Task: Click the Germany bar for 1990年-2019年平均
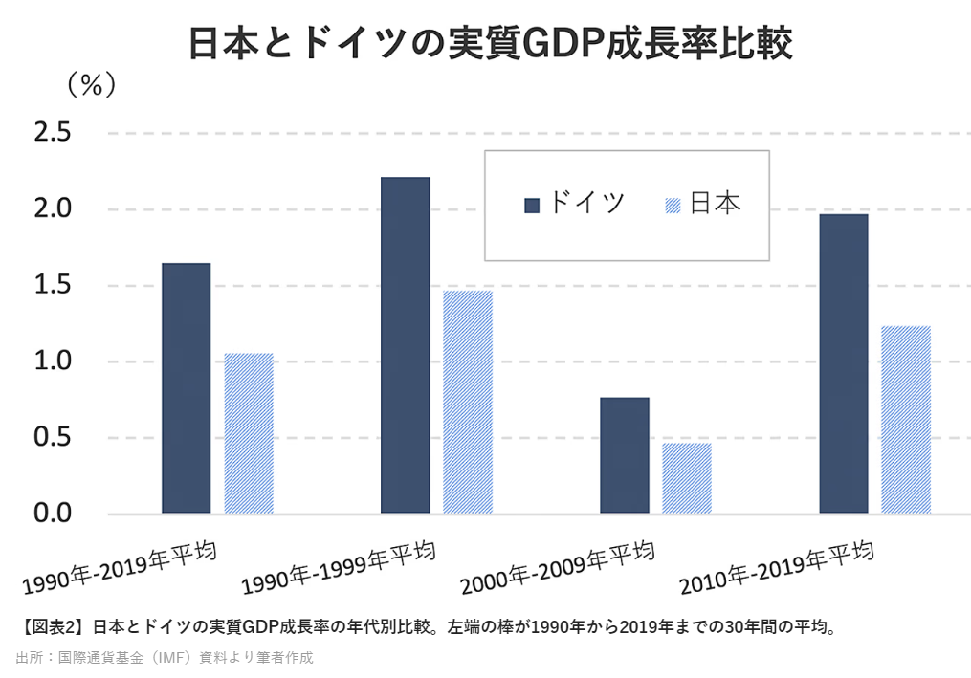click(186, 387)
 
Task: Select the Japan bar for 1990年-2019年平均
click(249, 433)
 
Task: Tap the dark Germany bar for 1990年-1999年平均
click(405, 345)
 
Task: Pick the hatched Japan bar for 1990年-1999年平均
click(468, 402)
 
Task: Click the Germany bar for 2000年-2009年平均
click(624, 455)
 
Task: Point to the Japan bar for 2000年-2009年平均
click(687, 478)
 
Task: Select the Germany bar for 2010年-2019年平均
click(844, 363)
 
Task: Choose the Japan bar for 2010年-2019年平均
click(906, 420)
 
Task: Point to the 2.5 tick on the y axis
click(53, 133)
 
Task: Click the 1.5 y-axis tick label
click(53, 285)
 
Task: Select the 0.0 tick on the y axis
click(53, 514)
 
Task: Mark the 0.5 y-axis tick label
click(53, 438)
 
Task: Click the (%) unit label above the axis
click(91, 85)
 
